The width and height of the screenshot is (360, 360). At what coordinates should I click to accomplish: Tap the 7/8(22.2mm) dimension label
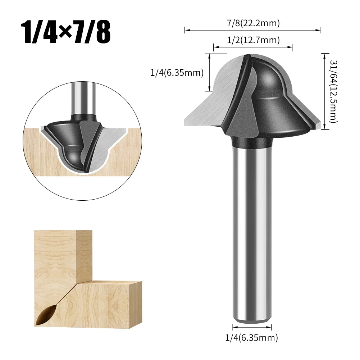[253, 24]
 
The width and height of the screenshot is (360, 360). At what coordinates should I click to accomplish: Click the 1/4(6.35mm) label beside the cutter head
[177, 73]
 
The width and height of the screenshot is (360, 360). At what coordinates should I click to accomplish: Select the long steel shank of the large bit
[251, 230]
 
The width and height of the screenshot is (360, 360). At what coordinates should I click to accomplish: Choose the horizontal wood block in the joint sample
[108, 302]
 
